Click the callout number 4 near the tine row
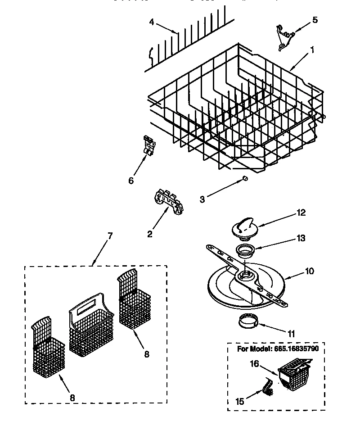click(x=152, y=22)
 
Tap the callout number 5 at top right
click(x=315, y=20)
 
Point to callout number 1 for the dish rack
click(x=312, y=51)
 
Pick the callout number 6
click(x=131, y=181)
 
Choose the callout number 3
click(x=202, y=199)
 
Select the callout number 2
click(x=150, y=234)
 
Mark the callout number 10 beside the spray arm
click(x=309, y=271)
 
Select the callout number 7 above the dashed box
click(x=110, y=235)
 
